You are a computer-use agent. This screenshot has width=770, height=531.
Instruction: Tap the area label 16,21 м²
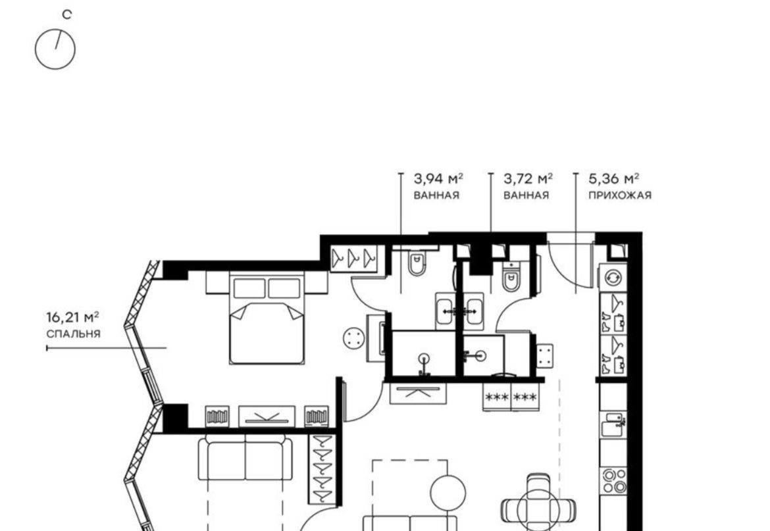pyautogui.click(x=72, y=317)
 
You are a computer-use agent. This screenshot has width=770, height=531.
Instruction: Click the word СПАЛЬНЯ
pyautogui.click(x=73, y=334)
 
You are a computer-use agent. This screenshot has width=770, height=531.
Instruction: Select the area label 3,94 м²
pyautogui.click(x=438, y=178)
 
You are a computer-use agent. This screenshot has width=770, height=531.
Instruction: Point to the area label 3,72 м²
pyautogui.click(x=528, y=178)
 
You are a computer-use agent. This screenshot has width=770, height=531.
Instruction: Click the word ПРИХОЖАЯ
pyautogui.click(x=620, y=195)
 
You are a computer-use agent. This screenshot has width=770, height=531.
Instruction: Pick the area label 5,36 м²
pyautogui.click(x=614, y=178)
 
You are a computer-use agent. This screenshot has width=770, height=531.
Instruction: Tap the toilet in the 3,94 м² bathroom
pyautogui.click(x=417, y=264)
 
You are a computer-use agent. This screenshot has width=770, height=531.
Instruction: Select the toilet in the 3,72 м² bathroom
pyautogui.click(x=511, y=277)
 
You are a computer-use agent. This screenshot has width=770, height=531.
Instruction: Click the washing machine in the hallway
pyautogui.click(x=613, y=277)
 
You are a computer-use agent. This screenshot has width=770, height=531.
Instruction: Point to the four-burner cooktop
pyautogui.click(x=615, y=481)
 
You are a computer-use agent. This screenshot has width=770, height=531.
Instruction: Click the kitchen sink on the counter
pyautogui.click(x=613, y=424)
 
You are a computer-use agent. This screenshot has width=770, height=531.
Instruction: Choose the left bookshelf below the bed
pyautogui.click(x=217, y=417)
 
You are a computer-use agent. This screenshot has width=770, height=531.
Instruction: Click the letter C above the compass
pyautogui.click(x=66, y=14)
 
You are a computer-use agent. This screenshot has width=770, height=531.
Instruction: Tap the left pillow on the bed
pyautogui.click(x=249, y=288)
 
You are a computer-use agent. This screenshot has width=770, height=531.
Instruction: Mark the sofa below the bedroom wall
pyautogui.click(x=245, y=459)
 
